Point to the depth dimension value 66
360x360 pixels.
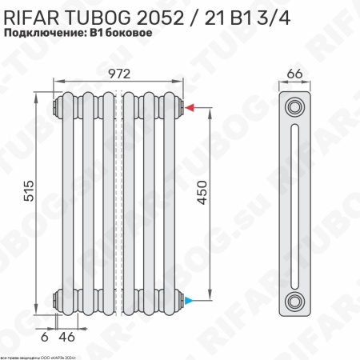294,74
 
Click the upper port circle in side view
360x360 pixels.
296,106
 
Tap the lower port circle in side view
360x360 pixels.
296,301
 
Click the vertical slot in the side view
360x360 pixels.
296,204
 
